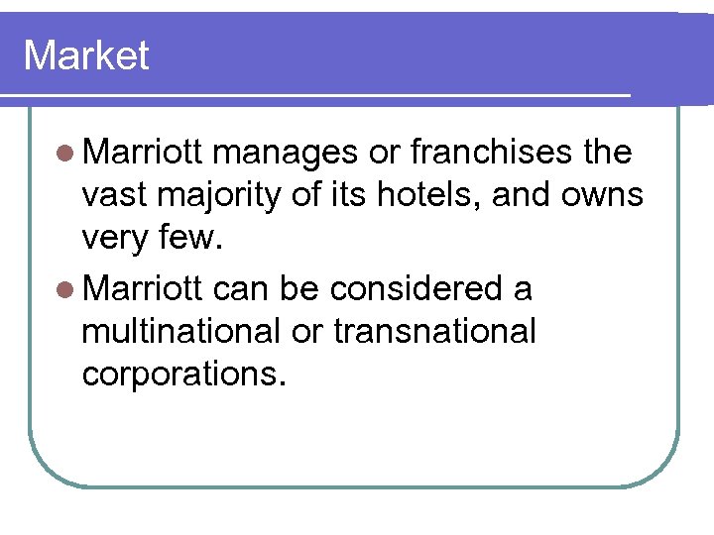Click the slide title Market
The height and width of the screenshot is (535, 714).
85,55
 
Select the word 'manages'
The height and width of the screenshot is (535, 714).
285,154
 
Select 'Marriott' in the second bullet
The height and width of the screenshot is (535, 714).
144,288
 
